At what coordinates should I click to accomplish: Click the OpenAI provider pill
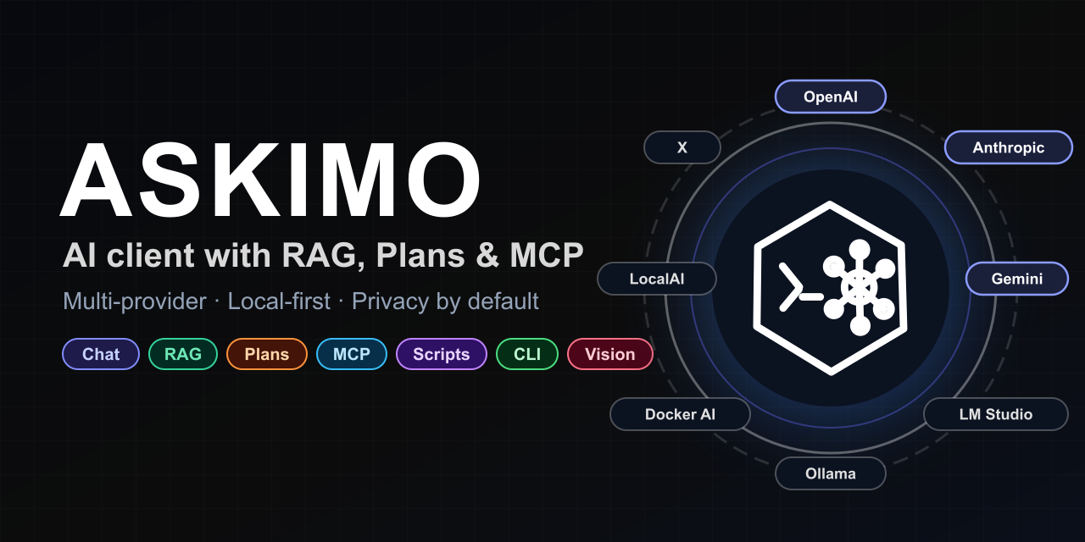[x=830, y=97]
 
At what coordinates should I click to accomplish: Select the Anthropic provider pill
[x=1008, y=147]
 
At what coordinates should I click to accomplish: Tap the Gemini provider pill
[x=1016, y=279]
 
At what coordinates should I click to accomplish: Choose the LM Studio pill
[x=995, y=414]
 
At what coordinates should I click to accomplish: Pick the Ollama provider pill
[x=830, y=473]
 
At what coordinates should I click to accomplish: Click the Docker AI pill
[x=680, y=414]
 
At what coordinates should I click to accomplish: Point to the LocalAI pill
[x=656, y=279]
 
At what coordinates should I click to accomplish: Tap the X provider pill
[x=682, y=147]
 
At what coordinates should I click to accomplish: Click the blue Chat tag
[x=101, y=354]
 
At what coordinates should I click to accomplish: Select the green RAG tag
[x=183, y=354]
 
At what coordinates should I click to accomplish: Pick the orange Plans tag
[x=266, y=354]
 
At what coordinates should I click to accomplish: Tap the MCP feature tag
[x=351, y=354]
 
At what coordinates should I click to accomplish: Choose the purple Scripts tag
[x=441, y=354]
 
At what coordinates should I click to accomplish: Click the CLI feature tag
[x=526, y=354]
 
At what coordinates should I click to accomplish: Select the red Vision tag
[x=609, y=354]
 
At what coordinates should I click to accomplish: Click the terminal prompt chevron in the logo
[x=791, y=285]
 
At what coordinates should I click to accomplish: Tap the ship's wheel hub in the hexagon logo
[x=859, y=288]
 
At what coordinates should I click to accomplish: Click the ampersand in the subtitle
[x=487, y=256]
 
